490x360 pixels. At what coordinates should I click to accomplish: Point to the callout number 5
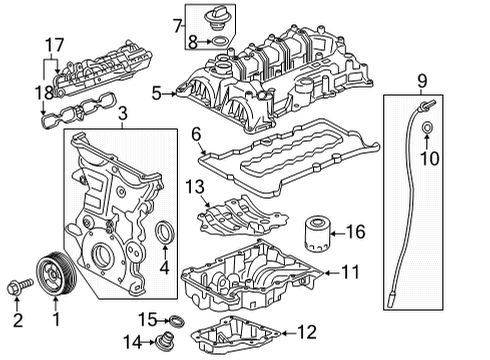pos(156,94)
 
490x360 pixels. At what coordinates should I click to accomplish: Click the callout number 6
pos(195,133)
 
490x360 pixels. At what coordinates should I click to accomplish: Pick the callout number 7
pos(178,22)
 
